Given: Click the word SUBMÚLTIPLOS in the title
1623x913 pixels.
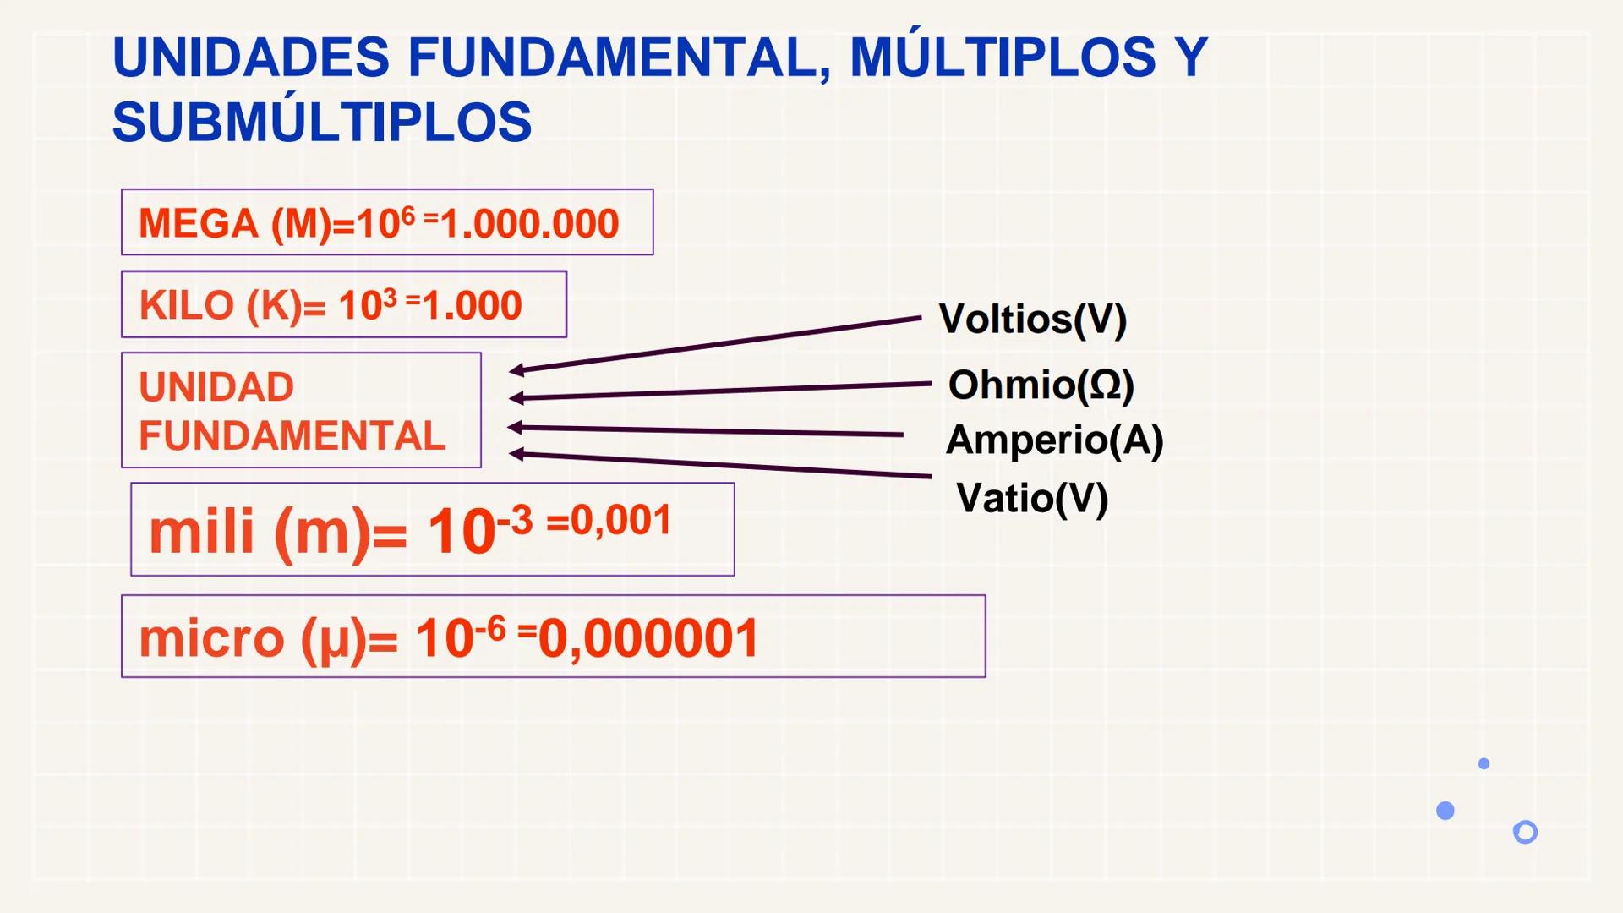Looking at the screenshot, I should pos(322,123).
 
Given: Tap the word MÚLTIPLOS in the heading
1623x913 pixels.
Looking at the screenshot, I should pos(1003,57).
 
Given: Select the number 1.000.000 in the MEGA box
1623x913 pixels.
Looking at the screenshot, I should pos(530,224).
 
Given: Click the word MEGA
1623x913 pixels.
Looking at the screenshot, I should pos(199,224).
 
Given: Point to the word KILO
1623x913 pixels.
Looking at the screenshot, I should pos(186,305).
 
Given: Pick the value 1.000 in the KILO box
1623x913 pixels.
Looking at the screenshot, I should pos(473,305).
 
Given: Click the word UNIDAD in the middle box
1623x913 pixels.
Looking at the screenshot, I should pos(216,387).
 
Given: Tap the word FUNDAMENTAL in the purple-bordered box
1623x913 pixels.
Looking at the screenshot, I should pos(292,436).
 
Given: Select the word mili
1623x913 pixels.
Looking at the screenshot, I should pos(201,533).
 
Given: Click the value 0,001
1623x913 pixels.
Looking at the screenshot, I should pos(621,520).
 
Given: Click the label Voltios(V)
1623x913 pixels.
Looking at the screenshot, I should pos(1032,320).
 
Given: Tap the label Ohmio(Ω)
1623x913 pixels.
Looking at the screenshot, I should pos(1041,385).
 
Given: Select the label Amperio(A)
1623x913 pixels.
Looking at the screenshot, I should pos(1054,440).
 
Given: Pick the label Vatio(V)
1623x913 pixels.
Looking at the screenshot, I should pos(1032,498).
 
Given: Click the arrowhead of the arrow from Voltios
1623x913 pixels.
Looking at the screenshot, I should pos(516,369).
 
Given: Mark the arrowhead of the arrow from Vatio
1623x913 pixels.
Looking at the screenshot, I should pos(516,454).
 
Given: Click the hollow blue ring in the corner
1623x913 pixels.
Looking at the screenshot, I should pos(1525,832).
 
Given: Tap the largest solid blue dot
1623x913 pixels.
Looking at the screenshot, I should pos(1445,811).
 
